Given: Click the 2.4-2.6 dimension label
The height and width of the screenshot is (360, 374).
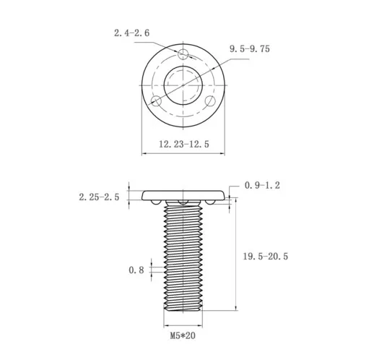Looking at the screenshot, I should [132, 33].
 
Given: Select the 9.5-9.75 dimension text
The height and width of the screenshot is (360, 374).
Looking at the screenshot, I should [250, 48].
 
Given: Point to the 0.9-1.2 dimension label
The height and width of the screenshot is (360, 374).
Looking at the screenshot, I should [262, 186].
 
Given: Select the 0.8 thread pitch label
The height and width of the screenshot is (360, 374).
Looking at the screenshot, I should [136, 270].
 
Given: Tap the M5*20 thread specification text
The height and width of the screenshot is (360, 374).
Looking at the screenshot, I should [184, 336].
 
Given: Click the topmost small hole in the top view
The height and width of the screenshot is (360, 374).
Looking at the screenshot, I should [183, 53].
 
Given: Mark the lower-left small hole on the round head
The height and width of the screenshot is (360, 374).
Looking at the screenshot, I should [156, 100].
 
